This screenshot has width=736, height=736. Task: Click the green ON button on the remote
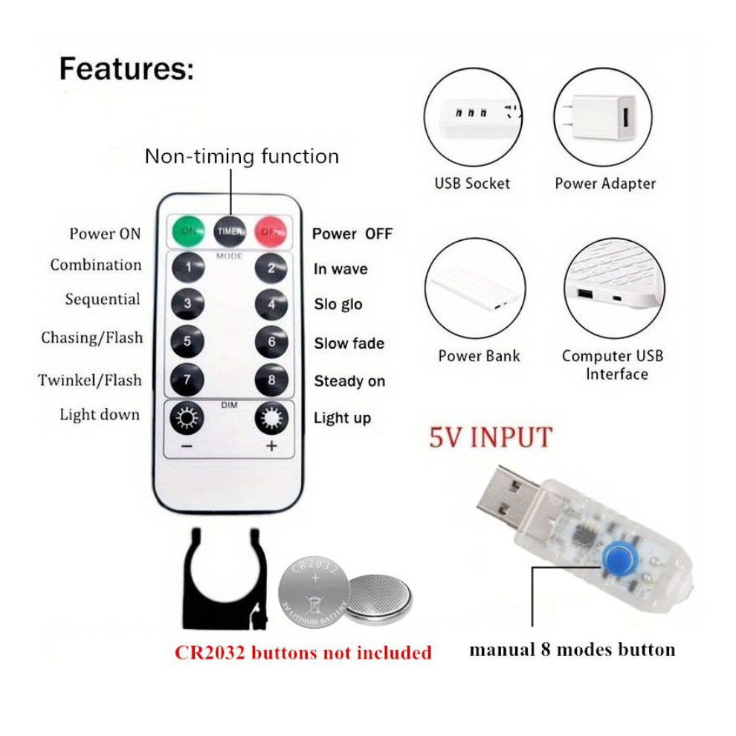tap(188, 231)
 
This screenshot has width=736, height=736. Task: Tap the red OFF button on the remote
tap(271, 231)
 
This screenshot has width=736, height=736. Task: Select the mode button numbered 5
tap(187, 341)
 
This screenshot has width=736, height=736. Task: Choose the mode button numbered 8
tap(271, 380)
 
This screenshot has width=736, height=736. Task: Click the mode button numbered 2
tap(271, 268)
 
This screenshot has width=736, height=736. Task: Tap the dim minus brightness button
tap(187, 417)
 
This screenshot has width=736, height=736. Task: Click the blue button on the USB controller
tap(619, 558)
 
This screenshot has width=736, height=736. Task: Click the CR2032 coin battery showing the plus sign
tap(314, 590)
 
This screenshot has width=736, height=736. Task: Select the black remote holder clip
tap(225, 582)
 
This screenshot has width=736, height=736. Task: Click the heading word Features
tap(126, 68)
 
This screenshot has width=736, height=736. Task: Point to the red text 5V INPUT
tap(491, 437)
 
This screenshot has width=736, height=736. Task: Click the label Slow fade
tap(349, 343)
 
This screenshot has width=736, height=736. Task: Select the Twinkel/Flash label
tap(90, 380)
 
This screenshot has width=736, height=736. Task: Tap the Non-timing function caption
tap(242, 156)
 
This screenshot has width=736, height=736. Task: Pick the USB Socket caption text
tap(472, 183)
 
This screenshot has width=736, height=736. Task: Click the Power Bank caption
tap(479, 356)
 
